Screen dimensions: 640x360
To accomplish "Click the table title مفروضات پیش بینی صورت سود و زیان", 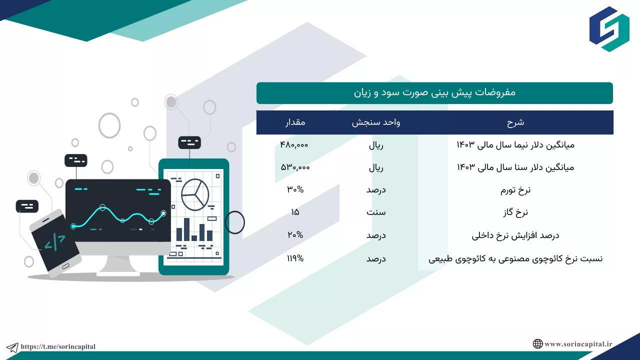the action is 434,93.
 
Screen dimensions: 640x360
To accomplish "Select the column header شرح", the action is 515,122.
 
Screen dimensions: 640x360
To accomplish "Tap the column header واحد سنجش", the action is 376,122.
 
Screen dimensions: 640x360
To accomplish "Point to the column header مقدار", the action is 295,122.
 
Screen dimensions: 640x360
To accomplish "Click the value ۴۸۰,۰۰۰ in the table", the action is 294,145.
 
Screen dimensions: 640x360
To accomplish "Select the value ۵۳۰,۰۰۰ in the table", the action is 295,167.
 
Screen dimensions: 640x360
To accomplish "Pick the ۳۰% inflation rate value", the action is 295,189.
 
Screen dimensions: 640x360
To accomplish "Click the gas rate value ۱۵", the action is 295,212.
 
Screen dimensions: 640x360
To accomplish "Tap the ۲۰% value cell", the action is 295,235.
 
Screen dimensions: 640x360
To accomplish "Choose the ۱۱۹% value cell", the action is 295,258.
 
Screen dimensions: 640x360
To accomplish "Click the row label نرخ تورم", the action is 515,190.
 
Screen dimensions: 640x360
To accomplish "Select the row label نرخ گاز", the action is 515,212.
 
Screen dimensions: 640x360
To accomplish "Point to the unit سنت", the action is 376,212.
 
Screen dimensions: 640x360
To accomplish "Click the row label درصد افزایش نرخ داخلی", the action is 515,235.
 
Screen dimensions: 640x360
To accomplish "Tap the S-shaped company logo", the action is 609,29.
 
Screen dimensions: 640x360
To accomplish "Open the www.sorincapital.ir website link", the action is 578,344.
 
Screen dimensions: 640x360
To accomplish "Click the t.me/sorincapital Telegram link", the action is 58,346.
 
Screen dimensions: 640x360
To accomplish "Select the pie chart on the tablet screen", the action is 195,194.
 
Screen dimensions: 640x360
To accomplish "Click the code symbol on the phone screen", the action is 55,241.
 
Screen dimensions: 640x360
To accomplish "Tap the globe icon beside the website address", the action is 537,343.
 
